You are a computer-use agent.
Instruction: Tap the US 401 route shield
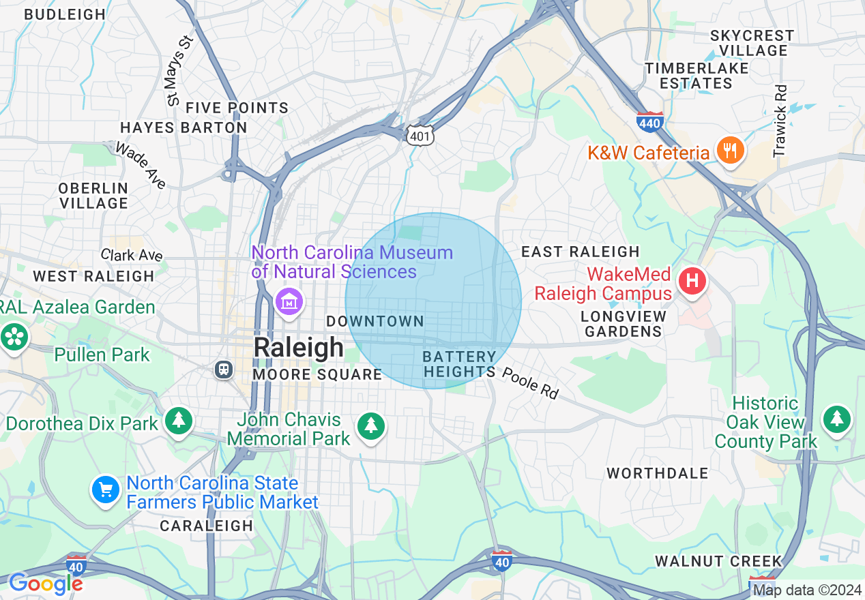tap(419, 136)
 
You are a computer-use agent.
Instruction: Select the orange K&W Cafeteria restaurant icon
tap(730, 151)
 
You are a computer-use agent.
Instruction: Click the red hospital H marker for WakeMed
tap(692, 281)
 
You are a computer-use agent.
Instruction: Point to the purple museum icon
tap(289, 301)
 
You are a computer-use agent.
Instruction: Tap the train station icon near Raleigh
tap(223, 369)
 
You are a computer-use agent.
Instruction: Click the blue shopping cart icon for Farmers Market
tap(106, 489)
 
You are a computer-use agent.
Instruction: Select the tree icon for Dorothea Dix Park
tap(179, 420)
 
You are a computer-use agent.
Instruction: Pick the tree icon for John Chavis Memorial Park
tap(371, 425)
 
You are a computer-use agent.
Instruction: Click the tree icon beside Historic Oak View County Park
tap(836, 419)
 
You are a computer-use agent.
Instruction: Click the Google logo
tap(46, 584)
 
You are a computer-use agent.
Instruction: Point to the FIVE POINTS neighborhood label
tap(237, 108)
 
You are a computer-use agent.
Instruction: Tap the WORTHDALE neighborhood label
tap(658, 473)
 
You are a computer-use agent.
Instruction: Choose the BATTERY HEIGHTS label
tap(459, 364)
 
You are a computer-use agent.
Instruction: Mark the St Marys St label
tap(181, 70)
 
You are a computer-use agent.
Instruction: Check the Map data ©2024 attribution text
tap(807, 590)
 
